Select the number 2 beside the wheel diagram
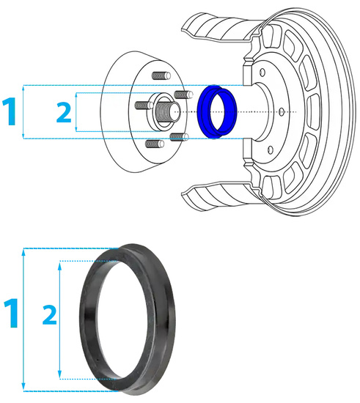coord(65,112)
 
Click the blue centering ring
coord(216,112)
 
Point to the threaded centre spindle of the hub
coord(164,112)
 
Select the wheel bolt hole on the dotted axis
coord(282,111)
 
